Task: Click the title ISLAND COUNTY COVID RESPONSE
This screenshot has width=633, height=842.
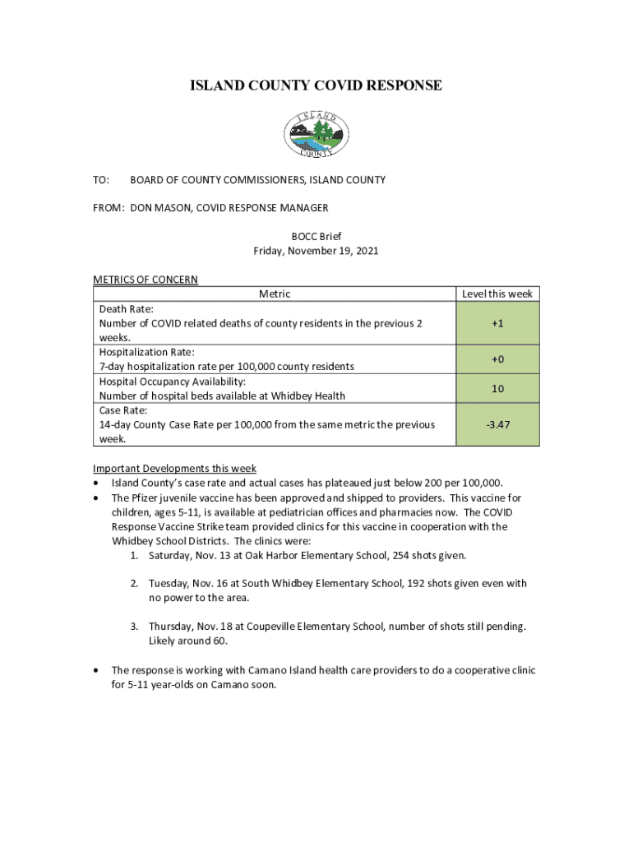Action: [316, 86]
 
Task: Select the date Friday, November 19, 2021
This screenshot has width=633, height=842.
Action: [316, 251]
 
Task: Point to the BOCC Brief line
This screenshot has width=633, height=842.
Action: [316, 237]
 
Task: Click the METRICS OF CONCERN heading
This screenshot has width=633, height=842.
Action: [146, 280]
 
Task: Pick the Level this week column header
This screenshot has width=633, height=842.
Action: [497, 294]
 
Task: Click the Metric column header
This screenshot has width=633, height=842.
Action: [275, 294]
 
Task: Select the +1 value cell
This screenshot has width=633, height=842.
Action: [497, 323]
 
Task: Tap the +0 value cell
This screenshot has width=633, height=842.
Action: [497, 359]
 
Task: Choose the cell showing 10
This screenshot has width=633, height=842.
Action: [497, 388]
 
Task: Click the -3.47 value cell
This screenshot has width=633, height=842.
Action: [497, 424]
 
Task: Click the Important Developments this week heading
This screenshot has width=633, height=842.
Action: [174, 469]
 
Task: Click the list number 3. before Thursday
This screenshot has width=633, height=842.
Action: [134, 627]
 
